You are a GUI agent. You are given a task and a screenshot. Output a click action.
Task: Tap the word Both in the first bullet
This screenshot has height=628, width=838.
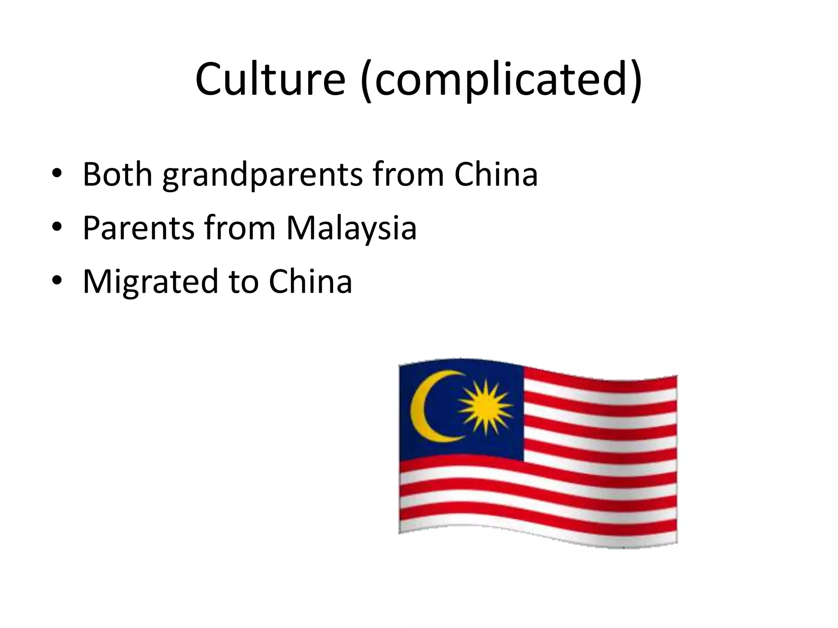pos(117,175)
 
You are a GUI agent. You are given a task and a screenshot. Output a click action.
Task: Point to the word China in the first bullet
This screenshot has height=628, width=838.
pos(496,175)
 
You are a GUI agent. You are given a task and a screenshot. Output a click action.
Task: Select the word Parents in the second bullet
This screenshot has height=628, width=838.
pos(138,228)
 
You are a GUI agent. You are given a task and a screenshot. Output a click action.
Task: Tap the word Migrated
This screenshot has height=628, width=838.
pos(150,282)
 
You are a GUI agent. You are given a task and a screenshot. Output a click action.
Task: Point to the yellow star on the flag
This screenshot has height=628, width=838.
pos(485,407)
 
